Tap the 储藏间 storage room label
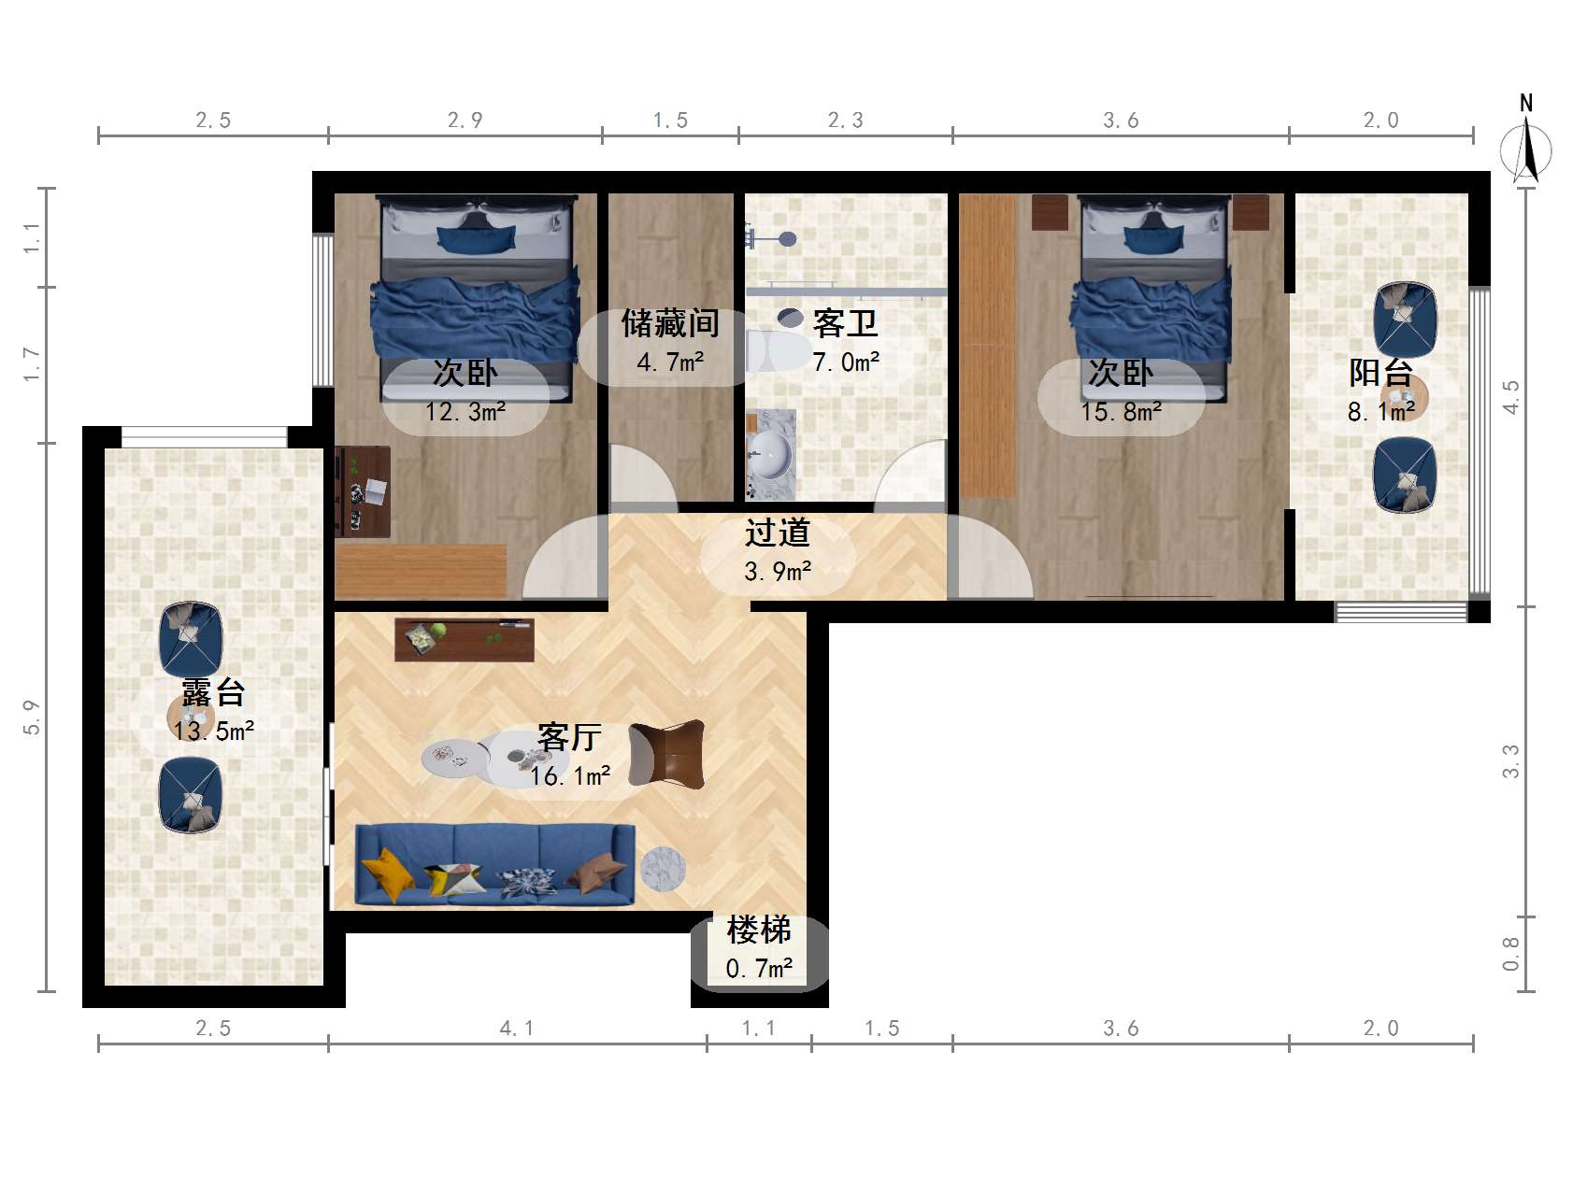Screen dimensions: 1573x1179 670,323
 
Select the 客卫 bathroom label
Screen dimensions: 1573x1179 846,323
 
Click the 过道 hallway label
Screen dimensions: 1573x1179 778,533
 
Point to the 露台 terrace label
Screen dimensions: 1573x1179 213,692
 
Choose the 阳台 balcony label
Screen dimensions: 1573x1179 1380,373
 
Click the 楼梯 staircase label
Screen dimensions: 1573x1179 759,930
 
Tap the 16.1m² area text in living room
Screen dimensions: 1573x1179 570,776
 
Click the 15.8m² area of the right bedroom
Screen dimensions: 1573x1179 1121,412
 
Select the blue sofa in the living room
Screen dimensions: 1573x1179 495,865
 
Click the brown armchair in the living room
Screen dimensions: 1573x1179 666,754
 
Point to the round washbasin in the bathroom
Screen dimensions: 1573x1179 771,456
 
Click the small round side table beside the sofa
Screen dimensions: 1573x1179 663,869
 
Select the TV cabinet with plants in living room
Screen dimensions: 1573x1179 464,639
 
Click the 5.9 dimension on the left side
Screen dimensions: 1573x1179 32,717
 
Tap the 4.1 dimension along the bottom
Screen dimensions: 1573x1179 517,1029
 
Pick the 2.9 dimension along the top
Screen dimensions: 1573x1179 465,120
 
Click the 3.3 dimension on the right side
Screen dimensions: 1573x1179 1510,761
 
